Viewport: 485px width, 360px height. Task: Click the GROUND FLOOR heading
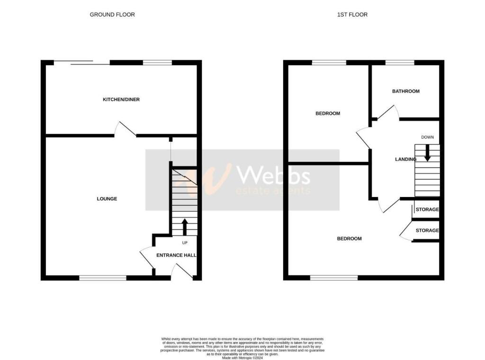(112, 15)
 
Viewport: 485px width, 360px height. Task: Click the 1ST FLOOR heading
(352, 15)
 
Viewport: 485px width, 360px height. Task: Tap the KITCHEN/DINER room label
(121, 99)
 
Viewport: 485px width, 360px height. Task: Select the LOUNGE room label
(107, 199)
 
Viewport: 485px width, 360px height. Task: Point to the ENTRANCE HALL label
(176, 255)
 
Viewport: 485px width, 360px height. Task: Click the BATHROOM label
(406, 91)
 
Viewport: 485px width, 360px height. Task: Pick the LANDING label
(405, 159)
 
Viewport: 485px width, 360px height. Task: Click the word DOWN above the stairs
(427, 137)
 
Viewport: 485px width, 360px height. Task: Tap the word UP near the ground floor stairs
(185, 243)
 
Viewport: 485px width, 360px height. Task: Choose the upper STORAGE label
(427, 209)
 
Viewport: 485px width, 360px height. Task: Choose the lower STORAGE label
(427, 231)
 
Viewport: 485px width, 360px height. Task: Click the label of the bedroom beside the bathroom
(328, 114)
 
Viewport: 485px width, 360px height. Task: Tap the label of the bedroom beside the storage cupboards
(349, 239)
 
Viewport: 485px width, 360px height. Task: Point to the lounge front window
(103, 278)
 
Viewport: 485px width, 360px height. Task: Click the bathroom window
(400, 62)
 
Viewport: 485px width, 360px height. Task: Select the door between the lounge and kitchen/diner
(125, 129)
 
